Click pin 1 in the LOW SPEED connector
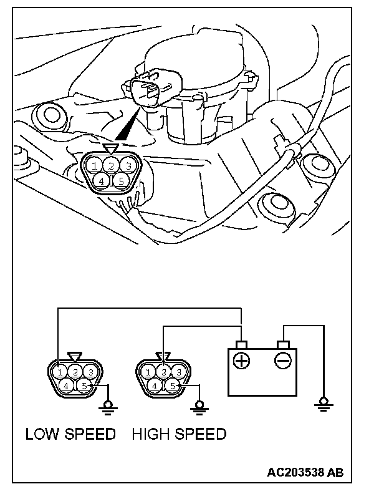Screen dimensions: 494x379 tap(60, 372)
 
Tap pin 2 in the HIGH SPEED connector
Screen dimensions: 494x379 tap(163, 372)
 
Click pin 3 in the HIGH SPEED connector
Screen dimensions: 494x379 tap(179, 372)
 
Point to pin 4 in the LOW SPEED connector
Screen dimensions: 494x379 tap(67, 386)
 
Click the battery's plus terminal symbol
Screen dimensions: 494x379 tap(242, 361)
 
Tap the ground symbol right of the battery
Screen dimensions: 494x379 tap(323, 405)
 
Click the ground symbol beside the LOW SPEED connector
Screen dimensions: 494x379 tap(108, 406)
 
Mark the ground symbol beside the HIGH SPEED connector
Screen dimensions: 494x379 tap(199, 406)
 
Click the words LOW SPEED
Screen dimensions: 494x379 tap(70, 434)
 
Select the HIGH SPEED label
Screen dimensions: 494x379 tap(179, 434)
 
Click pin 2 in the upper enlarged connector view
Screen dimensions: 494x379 tap(110, 165)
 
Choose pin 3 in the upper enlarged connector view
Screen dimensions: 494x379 tap(127, 165)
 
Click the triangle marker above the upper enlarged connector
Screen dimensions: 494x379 tap(110, 148)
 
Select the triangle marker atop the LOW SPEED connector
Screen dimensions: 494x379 tap(75, 357)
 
